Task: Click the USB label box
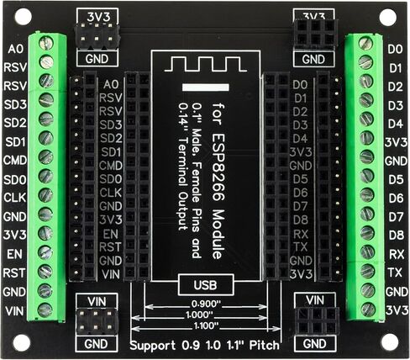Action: point(206,285)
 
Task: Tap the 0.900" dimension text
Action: point(206,304)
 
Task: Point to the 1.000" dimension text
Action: point(199,315)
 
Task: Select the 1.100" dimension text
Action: point(206,326)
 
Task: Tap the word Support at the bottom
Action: point(153,346)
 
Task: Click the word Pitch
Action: point(265,345)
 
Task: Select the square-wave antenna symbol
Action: point(206,64)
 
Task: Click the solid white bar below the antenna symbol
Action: point(206,87)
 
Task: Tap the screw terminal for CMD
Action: point(45,156)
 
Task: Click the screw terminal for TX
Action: point(367,271)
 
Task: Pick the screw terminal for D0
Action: point(365,44)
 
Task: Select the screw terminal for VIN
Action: point(45,310)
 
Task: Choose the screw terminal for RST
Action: point(45,271)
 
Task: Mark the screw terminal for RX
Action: point(367,251)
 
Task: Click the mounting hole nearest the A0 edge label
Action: point(23,17)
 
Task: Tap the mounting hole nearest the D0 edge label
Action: point(388,17)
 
